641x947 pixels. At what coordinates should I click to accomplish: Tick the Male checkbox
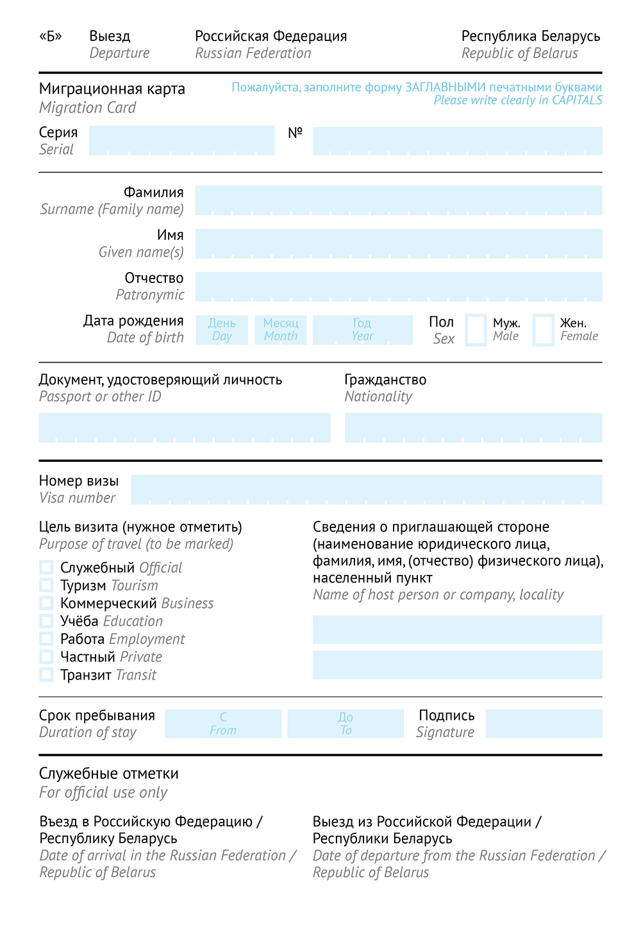(x=476, y=330)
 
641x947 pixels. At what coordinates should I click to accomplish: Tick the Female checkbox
(x=543, y=330)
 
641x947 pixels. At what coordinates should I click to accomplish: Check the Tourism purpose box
(x=46, y=585)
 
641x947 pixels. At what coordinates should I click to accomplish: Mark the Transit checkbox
(x=46, y=674)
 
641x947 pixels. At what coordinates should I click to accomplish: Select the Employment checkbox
(x=46, y=638)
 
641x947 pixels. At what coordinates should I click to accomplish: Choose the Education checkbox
(x=46, y=620)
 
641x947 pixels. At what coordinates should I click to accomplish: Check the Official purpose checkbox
(x=46, y=567)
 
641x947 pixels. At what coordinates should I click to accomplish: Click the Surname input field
(x=398, y=200)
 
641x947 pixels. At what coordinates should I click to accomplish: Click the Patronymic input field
(x=398, y=286)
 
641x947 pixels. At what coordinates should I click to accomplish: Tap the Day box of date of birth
(x=222, y=330)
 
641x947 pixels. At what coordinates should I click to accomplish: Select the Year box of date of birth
(x=362, y=330)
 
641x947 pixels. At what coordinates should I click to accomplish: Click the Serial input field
(x=181, y=141)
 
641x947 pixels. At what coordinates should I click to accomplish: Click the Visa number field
(x=366, y=490)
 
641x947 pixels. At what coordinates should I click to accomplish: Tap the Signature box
(x=544, y=724)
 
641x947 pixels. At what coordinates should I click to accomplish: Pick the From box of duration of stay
(x=223, y=724)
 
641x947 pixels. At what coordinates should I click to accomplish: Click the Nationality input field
(x=473, y=427)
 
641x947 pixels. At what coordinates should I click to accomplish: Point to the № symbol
(x=295, y=133)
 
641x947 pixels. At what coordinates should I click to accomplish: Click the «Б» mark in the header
(x=51, y=36)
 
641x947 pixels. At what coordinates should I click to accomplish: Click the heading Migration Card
(x=112, y=89)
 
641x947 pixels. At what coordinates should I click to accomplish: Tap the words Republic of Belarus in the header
(x=520, y=53)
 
